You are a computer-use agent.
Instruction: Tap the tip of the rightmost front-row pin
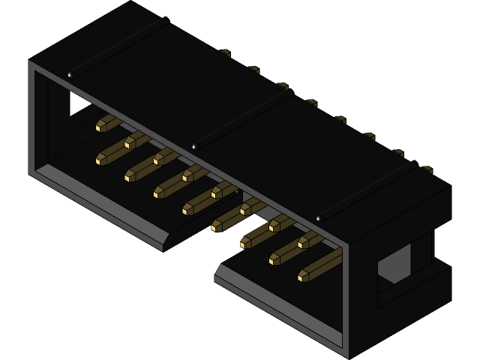[301, 277]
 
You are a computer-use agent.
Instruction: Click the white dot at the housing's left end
[70, 74]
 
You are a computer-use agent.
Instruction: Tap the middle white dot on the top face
[194, 146]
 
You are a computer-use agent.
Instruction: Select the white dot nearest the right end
[319, 218]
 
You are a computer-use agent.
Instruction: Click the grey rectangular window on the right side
[394, 263]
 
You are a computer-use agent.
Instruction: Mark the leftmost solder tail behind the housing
[224, 52]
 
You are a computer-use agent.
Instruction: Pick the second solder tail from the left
[253, 69]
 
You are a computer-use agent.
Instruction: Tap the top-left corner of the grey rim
[31, 63]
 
